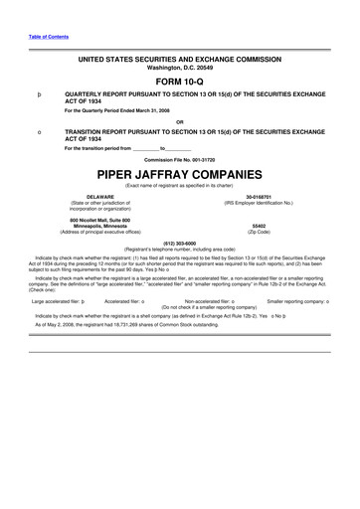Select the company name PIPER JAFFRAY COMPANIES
coord(179,172)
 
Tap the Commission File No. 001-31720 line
coord(179,158)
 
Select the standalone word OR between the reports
coord(179,122)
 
